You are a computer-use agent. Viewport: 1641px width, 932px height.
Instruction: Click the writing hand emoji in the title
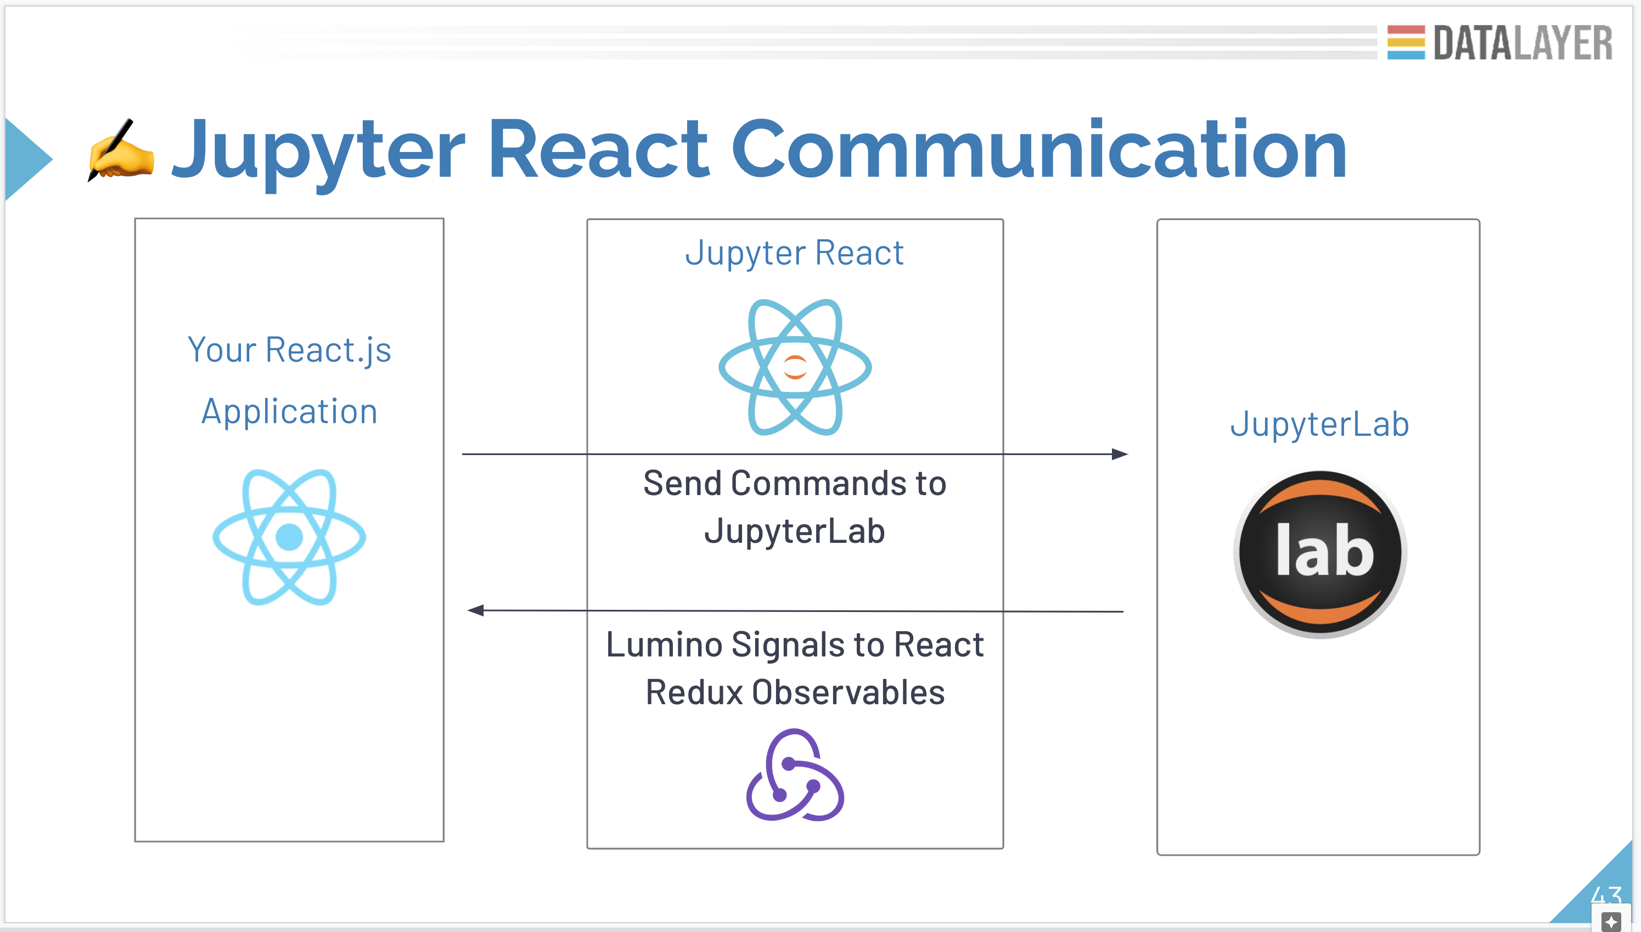[122, 150]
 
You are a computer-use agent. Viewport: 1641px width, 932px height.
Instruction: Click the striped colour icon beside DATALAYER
[1406, 42]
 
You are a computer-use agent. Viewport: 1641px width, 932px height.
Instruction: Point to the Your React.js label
[289, 350]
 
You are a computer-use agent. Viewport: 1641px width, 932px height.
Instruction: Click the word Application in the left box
[289, 412]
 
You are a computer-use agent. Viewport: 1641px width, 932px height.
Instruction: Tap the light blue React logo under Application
[289, 537]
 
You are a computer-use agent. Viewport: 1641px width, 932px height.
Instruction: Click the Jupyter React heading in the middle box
[794, 253]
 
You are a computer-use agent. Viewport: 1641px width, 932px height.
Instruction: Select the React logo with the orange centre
[795, 367]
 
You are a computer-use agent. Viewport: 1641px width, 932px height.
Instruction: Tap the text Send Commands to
[794, 483]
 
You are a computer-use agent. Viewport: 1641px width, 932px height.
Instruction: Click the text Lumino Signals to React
[794, 644]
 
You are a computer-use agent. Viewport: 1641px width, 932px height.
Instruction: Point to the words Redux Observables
[794, 693]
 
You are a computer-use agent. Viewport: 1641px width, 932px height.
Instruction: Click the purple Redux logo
[795, 775]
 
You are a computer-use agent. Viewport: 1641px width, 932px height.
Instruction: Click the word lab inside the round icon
[1324, 552]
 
